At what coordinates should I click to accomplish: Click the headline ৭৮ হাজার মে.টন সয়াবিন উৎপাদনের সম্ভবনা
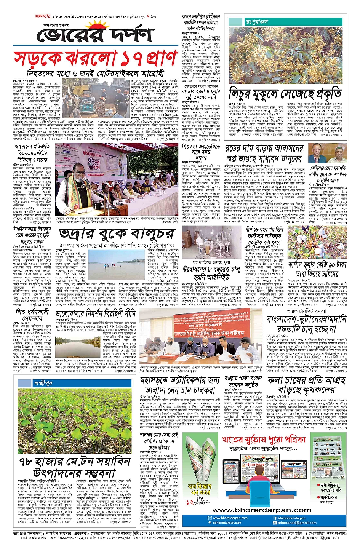pos(75,467)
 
